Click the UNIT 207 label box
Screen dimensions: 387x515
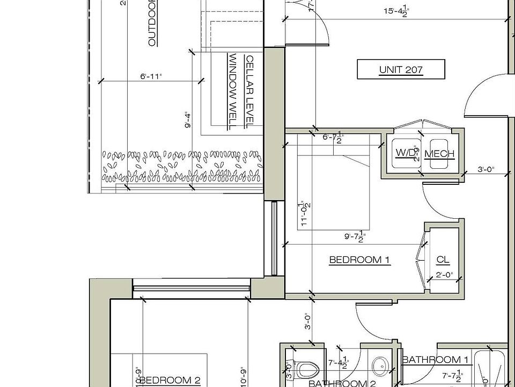click(x=401, y=69)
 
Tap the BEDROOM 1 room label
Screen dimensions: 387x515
click(x=359, y=260)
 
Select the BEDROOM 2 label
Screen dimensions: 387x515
click(x=171, y=381)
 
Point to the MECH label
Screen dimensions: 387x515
click(x=439, y=154)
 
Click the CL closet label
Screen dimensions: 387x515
click(x=443, y=260)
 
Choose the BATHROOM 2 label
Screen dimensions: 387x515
click(x=342, y=383)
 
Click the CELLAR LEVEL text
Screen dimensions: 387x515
click(x=249, y=91)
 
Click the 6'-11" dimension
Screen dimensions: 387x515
click(x=151, y=77)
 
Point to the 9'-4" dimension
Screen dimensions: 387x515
click(x=187, y=120)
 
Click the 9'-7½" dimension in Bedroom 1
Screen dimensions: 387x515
click(x=355, y=235)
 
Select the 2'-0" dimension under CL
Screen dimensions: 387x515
click(x=443, y=275)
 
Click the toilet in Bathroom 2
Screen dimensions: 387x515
click(x=306, y=369)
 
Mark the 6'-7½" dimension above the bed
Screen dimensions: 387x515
click(x=333, y=138)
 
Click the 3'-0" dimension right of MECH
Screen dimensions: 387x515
click(x=486, y=170)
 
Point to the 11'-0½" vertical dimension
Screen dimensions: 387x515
click(x=304, y=213)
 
